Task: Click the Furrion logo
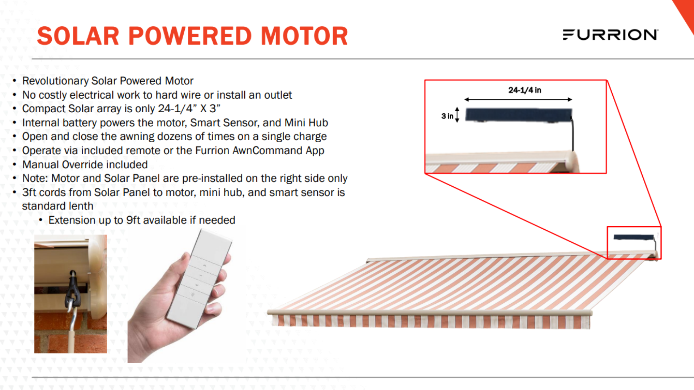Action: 611,35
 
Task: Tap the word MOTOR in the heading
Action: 304,36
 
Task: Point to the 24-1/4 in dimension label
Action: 524,90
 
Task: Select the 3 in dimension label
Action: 447,116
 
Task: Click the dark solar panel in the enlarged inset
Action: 519,115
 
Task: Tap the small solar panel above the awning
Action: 634,237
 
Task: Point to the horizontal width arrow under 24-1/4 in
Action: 518,99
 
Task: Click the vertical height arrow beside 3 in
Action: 457,115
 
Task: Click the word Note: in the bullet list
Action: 35,178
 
